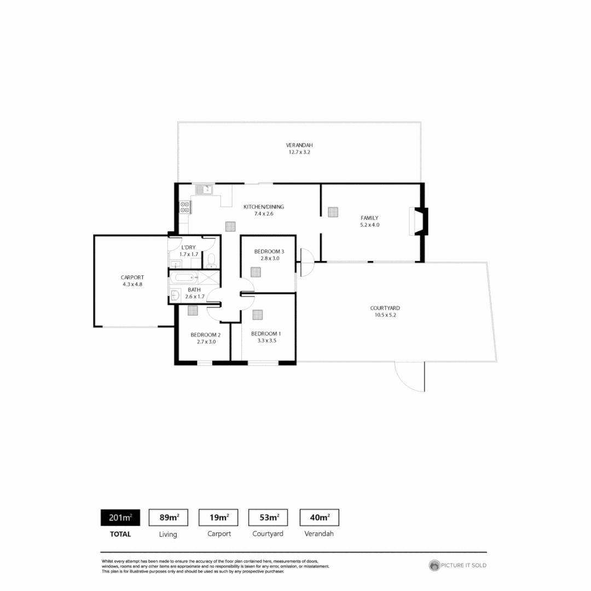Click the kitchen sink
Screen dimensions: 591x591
click(x=204, y=190)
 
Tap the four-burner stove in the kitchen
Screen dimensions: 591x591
click(x=184, y=207)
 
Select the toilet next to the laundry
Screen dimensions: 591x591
click(x=211, y=259)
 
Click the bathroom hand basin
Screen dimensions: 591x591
click(x=175, y=296)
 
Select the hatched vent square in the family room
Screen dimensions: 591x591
click(x=333, y=212)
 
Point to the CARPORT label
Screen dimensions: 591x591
click(x=132, y=277)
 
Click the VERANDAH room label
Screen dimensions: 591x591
click(x=299, y=145)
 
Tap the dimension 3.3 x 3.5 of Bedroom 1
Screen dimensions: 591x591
click(x=266, y=340)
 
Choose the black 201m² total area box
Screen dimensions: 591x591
click(x=119, y=517)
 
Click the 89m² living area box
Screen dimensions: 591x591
click(x=168, y=517)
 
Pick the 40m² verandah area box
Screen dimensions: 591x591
click(x=318, y=517)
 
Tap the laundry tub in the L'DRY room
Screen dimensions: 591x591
click(x=175, y=264)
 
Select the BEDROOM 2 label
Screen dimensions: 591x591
click(x=205, y=335)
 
